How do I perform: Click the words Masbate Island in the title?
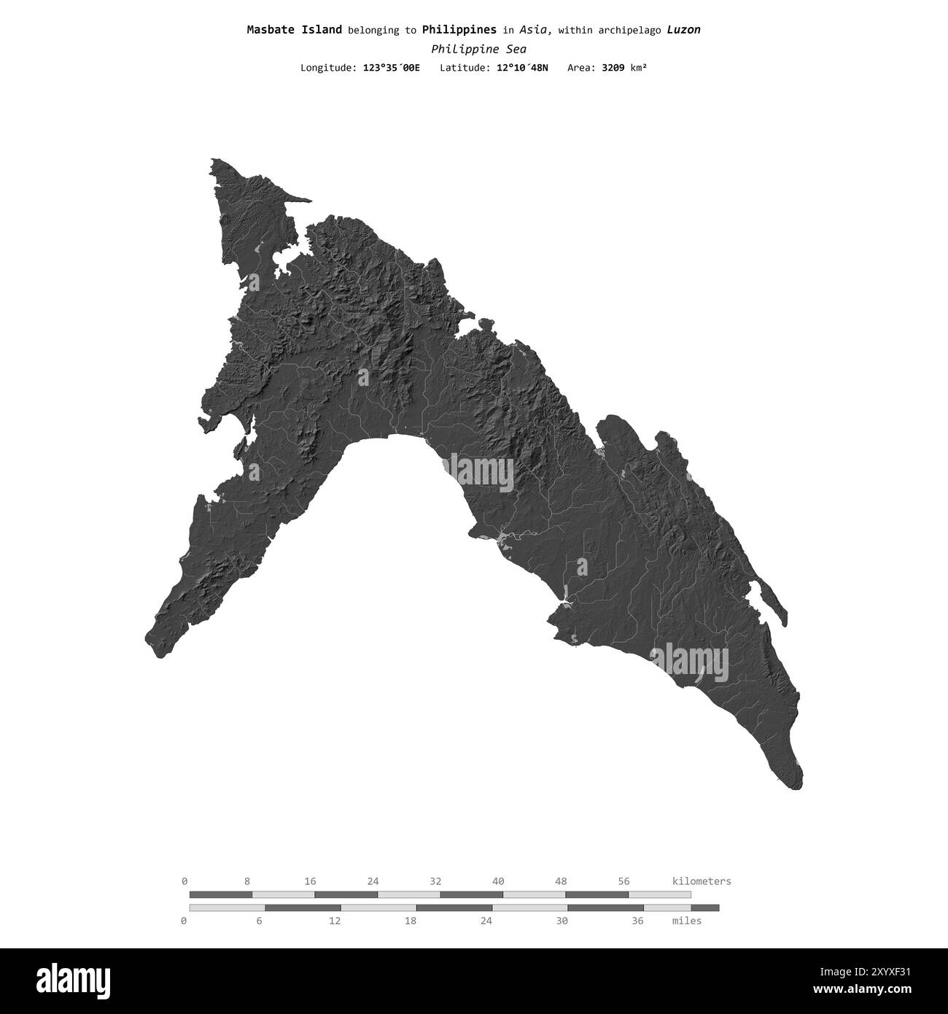tap(294, 30)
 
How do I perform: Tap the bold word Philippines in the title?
tap(459, 30)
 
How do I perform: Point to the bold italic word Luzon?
tap(683, 30)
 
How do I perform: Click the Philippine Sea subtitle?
tap(478, 50)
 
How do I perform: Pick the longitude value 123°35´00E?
tap(391, 68)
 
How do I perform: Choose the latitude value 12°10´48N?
tap(518, 68)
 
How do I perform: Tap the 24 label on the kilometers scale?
tap(373, 881)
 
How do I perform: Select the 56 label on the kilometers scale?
tap(623, 881)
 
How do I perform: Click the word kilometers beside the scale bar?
tap(701, 881)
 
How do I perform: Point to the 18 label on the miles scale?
tap(411, 921)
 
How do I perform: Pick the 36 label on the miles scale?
tap(637, 921)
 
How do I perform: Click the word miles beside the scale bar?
tap(687, 921)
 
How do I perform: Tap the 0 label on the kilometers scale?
tap(184, 881)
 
